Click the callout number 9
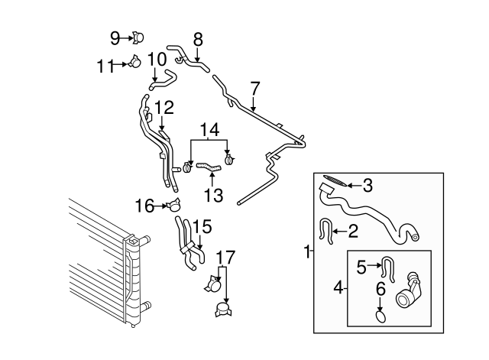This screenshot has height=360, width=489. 115,36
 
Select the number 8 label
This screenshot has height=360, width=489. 197,38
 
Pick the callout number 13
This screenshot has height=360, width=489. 213,195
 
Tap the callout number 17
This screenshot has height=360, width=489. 222,258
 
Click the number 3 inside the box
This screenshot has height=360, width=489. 368,184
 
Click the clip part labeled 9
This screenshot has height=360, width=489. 140,36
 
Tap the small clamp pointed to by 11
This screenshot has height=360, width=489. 133,64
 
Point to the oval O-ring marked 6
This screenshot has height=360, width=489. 380,314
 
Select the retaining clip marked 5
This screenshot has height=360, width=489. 388,268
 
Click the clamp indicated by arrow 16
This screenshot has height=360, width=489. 176,205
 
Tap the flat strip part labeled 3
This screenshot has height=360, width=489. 334,180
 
